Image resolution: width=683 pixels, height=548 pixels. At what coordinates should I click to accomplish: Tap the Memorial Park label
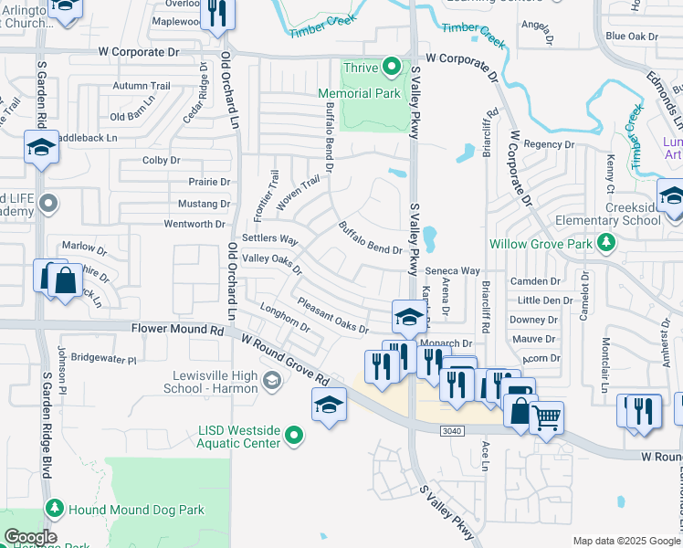point(359,93)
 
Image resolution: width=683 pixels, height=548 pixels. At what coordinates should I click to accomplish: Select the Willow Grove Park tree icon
point(604,242)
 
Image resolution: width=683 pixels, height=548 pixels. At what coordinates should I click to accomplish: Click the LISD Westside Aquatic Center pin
point(293,436)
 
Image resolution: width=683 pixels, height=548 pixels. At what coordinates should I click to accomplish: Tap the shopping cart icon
point(547,418)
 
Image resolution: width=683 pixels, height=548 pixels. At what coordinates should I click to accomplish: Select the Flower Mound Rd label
point(177,328)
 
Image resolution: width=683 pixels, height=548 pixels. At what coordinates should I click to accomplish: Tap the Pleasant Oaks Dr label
point(332,314)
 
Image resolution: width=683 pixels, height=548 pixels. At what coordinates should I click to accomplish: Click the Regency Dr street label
point(549,144)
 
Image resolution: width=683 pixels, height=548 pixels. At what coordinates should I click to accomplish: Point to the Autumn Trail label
point(142,86)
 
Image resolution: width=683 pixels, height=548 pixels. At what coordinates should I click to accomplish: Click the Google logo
point(29,537)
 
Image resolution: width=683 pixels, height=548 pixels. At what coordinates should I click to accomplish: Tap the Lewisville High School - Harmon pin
point(271,379)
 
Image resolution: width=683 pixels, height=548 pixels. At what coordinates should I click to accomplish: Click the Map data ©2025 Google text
point(626,541)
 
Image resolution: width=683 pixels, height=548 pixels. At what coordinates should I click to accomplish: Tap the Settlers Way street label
point(270,239)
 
